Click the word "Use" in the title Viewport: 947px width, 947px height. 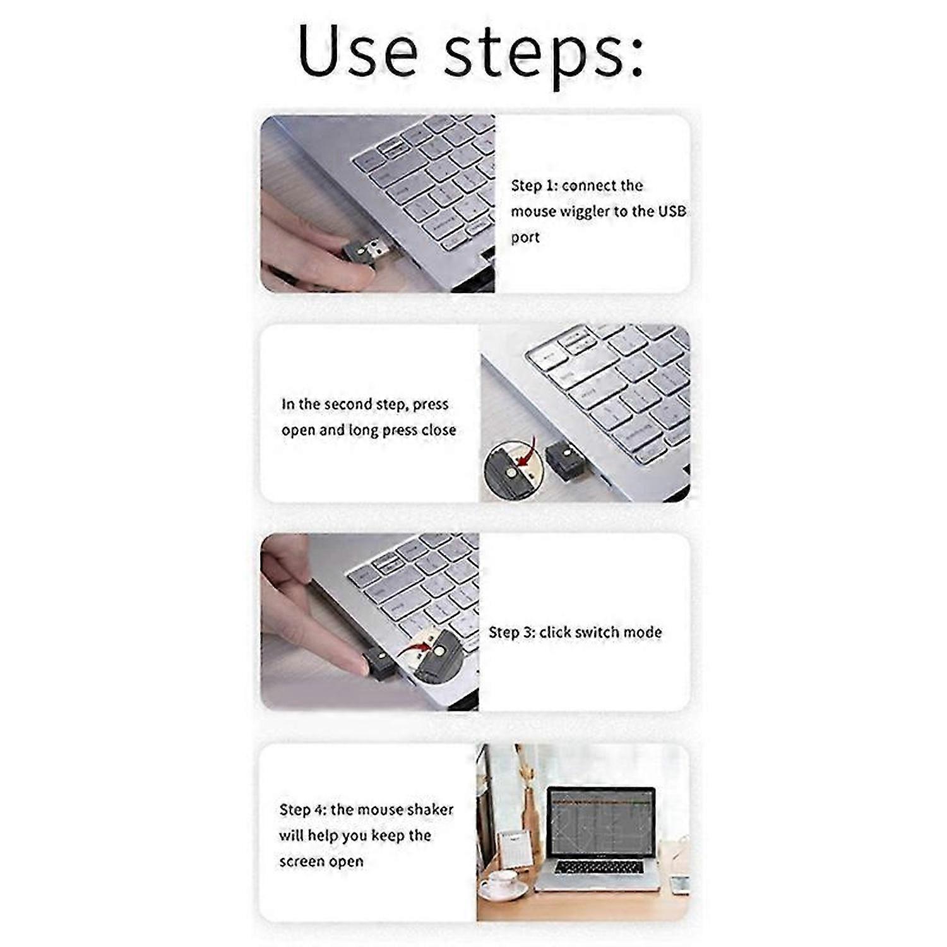(x=357, y=51)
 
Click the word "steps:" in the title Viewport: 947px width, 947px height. (x=544, y=53)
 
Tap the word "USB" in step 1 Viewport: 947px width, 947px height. (x=672, y=211)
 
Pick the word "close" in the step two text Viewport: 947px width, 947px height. (x=439, y=430)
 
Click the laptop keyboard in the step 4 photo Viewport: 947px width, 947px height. (x=599, y=867)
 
